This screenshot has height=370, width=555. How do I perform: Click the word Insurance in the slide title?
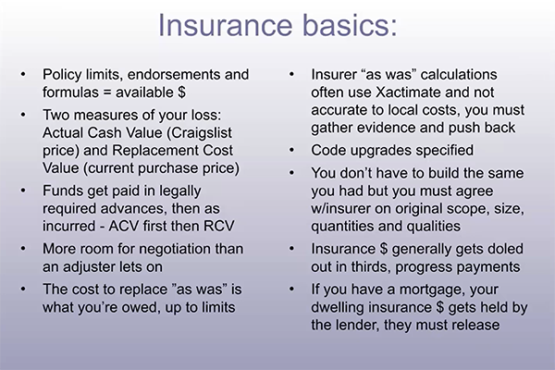pos(225,26)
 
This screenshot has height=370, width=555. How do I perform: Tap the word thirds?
pos(371,267)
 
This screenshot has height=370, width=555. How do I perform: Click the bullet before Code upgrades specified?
pos(291,151)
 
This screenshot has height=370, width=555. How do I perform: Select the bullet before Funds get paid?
pos(23,191)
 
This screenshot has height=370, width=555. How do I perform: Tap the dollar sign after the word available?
pos(181,92)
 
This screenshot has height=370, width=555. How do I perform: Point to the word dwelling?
pos(339,307)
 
